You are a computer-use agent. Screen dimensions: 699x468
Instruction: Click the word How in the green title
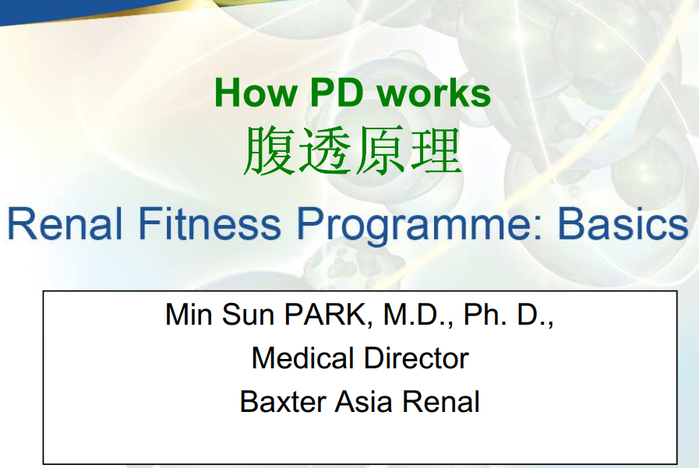(x=256, y=93)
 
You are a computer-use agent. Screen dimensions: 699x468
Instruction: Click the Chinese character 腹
(x=269, y=150)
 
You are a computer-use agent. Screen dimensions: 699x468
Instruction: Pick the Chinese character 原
(x=380, y=150)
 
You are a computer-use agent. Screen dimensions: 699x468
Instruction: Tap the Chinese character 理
(x=436, y=150)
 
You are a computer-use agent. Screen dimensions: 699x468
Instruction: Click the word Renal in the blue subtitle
(x=65, y=223)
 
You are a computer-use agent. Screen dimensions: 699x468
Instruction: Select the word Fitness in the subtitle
(x=210, y=223)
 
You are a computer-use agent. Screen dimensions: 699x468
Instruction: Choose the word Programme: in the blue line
(x=419, y=227)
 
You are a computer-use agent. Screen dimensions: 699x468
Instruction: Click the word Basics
(x=623, y=223)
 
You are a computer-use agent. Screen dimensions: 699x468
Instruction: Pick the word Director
(x=416, y=358)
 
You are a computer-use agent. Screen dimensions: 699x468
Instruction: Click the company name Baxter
(x=283, y=402)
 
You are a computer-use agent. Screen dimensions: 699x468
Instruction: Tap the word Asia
(x=363, y=402)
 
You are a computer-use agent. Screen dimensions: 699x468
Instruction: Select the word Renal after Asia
(x=441, y=402)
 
